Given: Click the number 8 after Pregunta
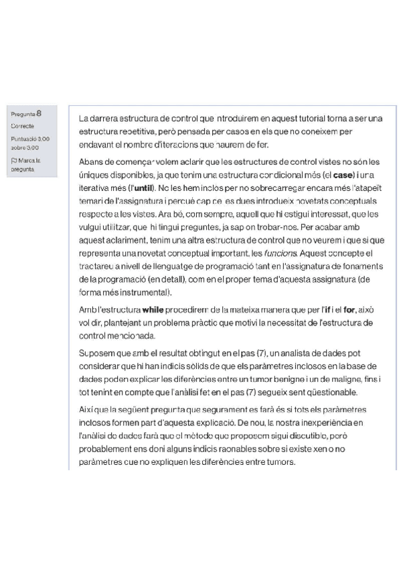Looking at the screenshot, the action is point(39,113).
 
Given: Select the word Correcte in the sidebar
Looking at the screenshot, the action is point(22,126).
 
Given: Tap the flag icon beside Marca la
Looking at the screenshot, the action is point(14,161).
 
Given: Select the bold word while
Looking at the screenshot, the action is point(153,311).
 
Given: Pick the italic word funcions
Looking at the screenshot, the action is point(280,254).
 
